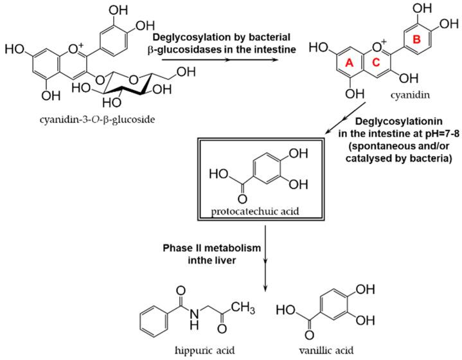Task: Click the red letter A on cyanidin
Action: (x=350, y=63)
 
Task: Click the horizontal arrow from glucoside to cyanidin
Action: (x=221, y=61)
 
